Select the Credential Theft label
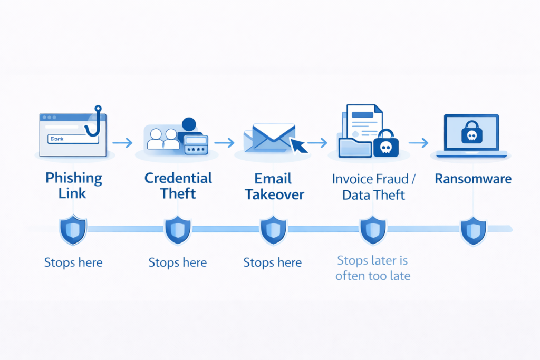[178, 186]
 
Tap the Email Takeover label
[274, 186]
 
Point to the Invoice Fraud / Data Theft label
[373, 187]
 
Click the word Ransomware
[473, 179]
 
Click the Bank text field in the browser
[72, 139]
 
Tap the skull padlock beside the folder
[386, 143]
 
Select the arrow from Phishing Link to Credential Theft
[122, 142]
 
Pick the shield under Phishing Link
[72, 230]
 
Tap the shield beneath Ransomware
[473, 231]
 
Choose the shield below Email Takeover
[273, 230]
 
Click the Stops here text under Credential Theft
[177, 262]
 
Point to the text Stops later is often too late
[372, 268]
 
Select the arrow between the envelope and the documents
[317, 142]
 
